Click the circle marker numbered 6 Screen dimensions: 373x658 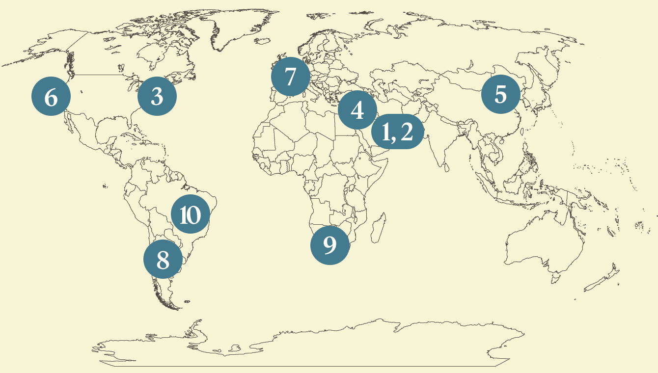[51, 97]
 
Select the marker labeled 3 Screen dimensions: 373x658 [157, 96]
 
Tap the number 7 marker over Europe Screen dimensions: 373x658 [291, 77]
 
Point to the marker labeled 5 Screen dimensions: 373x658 [500, 94]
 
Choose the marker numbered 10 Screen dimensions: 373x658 [190, 215]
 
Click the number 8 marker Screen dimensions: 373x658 [163, 260]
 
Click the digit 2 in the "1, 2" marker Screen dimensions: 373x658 [407, 132]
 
